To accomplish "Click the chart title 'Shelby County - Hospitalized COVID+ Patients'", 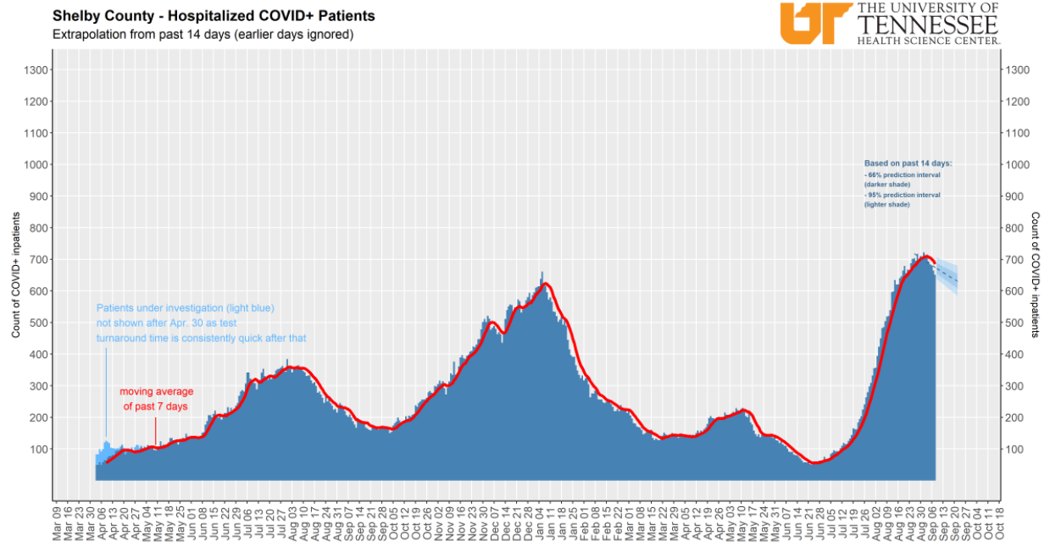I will pos(214,16).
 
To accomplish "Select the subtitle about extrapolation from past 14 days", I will pos(203,35).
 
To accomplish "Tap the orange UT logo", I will pos(814,22).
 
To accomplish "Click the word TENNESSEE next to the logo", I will pos(929,24).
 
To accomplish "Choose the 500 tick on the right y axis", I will pos(1017,323).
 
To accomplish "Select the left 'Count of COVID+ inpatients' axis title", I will pos(16,275).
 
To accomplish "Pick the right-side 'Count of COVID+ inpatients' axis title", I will pos(1035,275).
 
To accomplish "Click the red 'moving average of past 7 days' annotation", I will pos(156,399).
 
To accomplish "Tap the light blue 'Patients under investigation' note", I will pos(201,323).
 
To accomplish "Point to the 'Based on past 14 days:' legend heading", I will pos(908,163).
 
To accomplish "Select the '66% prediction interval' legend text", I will pos(903,179).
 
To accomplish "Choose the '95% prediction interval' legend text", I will pos(903,200).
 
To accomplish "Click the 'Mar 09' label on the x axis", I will pos(58,522).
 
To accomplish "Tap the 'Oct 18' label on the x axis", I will pos(1000,522).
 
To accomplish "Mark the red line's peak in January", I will pos(545,284).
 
